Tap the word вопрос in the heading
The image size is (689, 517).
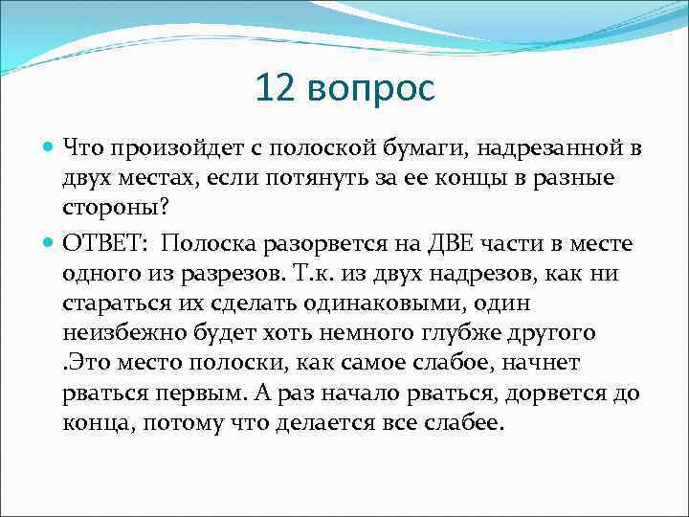click(373, 91)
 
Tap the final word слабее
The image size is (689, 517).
click(458, 423)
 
